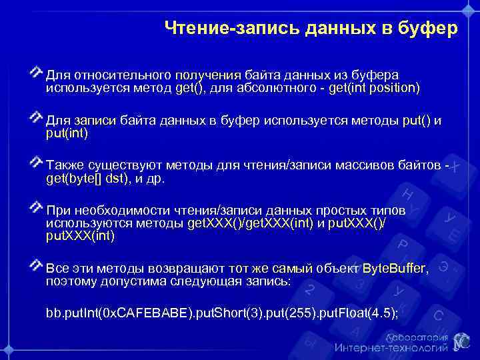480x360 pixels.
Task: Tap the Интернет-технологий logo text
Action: (391, 347)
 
